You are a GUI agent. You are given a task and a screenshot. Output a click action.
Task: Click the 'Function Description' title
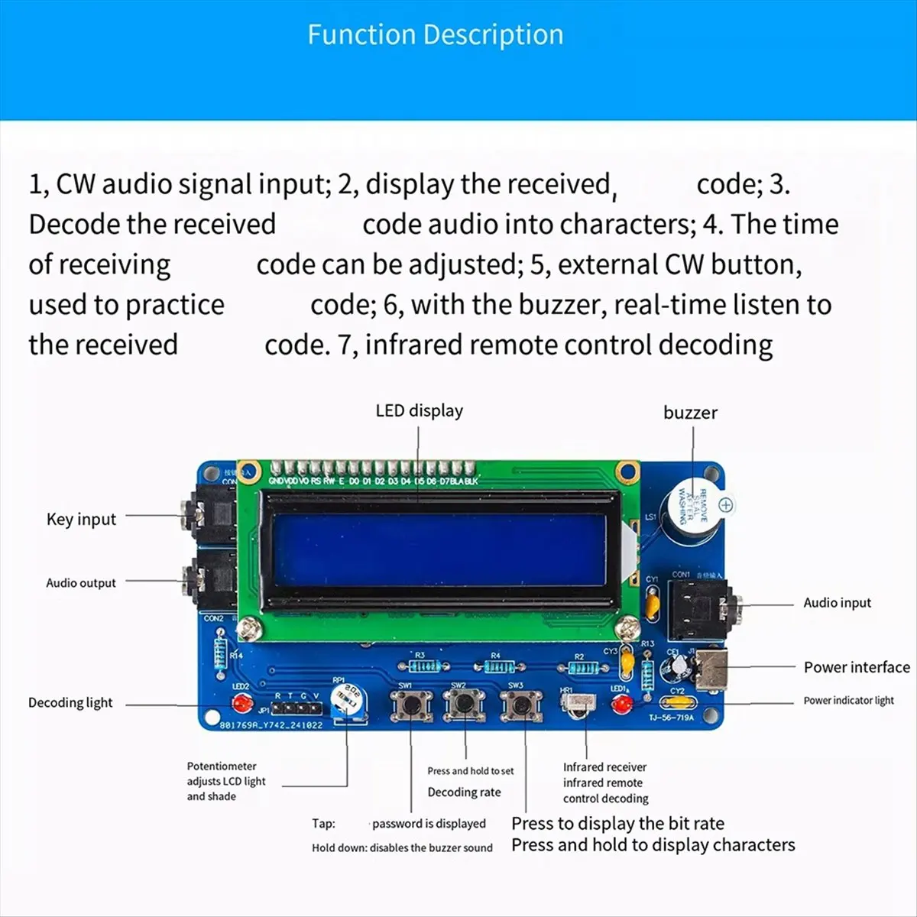(435, 35)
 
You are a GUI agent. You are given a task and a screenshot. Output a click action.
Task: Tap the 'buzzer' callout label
(690, 413)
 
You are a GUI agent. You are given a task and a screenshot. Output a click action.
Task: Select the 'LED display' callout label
(419, 410)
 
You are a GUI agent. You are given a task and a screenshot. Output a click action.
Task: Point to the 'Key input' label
(81, 520)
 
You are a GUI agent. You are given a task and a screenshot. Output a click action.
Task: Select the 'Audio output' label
(81, 583)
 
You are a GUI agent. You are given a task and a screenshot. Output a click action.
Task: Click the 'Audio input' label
(837, 603)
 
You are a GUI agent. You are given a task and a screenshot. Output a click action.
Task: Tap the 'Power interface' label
(857, 667)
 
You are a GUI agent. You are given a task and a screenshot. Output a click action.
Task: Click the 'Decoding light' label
(70, 703)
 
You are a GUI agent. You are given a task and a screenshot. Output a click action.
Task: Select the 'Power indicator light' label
(848, 701)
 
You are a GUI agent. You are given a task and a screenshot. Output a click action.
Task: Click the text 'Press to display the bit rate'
(617, 824)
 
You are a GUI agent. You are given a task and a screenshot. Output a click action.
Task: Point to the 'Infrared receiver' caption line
(604, 767)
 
